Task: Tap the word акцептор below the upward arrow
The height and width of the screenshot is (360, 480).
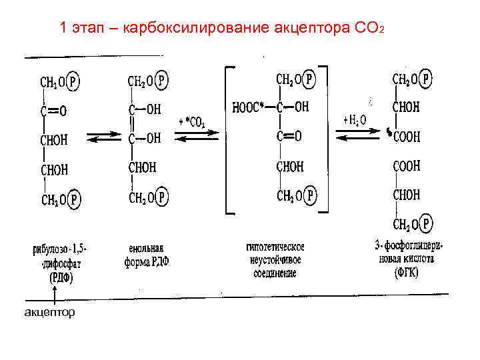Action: click(50, 311)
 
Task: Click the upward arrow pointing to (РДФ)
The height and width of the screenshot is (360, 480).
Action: click(55, 293)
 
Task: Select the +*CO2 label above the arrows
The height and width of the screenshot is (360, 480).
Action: click(193, 122)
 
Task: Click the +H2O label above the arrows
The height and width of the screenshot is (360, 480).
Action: click(354, 121)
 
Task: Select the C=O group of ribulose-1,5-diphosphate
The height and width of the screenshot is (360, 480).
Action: click(55, 110)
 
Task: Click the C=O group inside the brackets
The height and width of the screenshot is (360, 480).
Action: click(288, 137)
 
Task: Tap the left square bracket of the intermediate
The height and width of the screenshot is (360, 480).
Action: click(230, 139)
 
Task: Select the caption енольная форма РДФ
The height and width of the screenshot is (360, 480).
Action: click(147, 255)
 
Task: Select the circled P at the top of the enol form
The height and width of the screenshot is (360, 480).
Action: click(163, 81)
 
